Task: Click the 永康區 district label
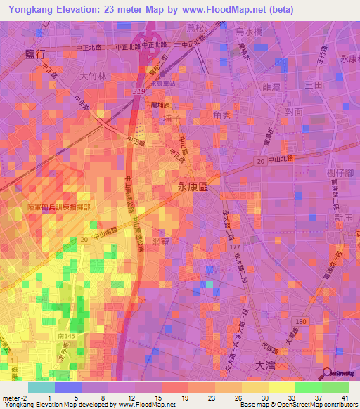coord(191,187)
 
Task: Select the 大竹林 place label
coord(91,75)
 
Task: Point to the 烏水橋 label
coord(248,32)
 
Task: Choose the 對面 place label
coord(293,111)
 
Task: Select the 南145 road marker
coord(66,337)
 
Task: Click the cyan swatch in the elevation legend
coord(41,387)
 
